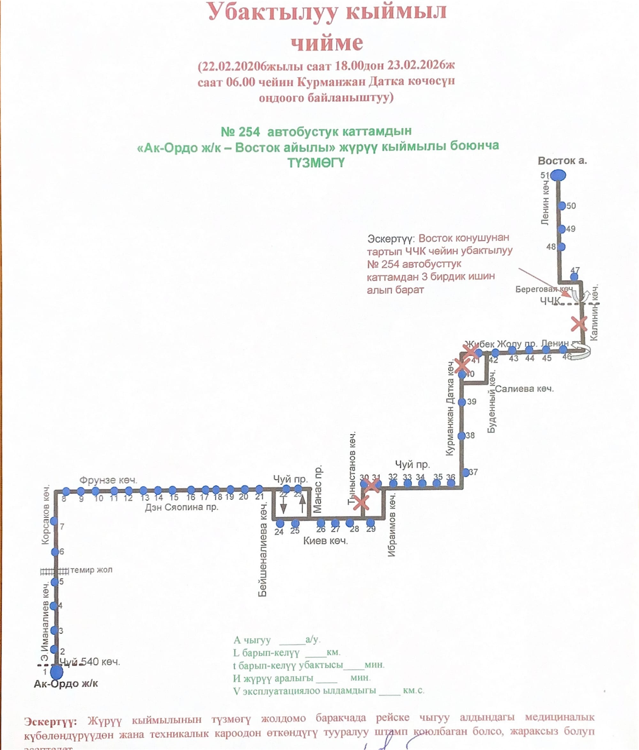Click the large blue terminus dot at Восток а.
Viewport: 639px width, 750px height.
pyautogui.click(x=558, y=175)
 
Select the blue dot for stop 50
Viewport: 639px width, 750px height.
pyautogui.click(x=562, y=206)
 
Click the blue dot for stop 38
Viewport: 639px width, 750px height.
pyautogui.click(x=462, y=436)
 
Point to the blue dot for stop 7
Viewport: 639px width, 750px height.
pyautogui.click(x=54, y=521)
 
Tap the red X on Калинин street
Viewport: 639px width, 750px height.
pyautogui.click(x=579, y=324)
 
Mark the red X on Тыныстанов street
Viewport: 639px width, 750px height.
pyautogui.click(x=361, y=503)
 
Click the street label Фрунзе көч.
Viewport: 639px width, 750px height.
pyautogui.click(x=108, y=480)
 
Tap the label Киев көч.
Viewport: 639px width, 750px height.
pyautogui.click(x=325, y=541)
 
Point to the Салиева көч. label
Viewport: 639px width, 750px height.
pyautogui.click(x=524, y=389)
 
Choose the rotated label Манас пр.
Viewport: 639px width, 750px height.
pyautogui.click(x=317, y=490)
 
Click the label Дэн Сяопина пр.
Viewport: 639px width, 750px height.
pyautogui.click(x=182, y=507)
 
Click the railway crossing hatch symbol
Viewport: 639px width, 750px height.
pyautogui.click(x=54, y=572)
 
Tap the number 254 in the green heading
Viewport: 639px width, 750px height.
pyautogui.click(x=249, y=132)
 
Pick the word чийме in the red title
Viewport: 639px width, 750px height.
pyautogui.click(x=327, y=43)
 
